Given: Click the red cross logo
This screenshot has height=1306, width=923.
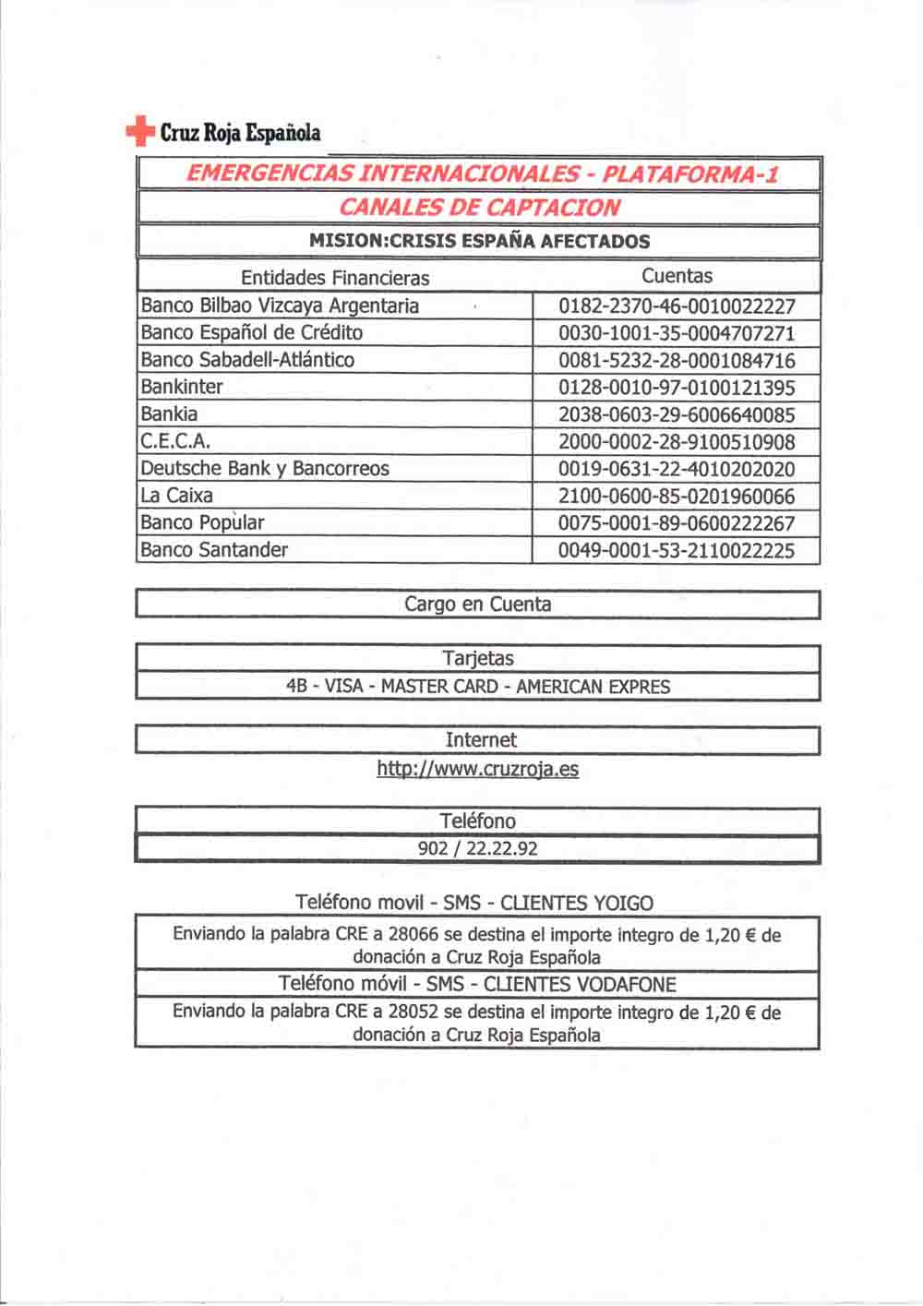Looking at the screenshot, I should [139, 132].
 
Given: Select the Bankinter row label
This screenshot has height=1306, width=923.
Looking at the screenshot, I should [182, 387].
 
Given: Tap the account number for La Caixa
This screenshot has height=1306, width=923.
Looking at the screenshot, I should [677, 497].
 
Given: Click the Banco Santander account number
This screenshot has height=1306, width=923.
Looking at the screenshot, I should [677, 551].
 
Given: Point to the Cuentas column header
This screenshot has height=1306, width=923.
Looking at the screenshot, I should [677, 276].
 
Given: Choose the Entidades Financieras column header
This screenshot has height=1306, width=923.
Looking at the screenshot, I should [335, 278].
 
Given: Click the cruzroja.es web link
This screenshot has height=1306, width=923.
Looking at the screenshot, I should [478, 769].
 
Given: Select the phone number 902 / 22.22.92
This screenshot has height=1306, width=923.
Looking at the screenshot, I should [478, 849].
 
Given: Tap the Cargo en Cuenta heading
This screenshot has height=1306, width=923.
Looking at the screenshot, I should [478, 605].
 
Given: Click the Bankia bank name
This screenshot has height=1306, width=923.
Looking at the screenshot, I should [169, 413].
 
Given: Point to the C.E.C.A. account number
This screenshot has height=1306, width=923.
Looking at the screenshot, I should [677, 442].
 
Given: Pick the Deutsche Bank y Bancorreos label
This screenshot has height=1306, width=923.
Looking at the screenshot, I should [265, 468].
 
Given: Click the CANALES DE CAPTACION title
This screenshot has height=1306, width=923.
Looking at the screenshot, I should [479, 208].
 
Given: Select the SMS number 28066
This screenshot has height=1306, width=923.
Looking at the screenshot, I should [414, 934].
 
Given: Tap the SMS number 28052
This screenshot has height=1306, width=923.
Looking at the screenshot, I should [414, 1012].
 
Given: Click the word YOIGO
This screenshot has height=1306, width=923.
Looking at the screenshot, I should [623, 904].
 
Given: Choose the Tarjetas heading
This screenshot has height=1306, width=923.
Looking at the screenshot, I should [478, 659].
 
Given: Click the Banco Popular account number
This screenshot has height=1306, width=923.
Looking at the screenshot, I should [677, 523].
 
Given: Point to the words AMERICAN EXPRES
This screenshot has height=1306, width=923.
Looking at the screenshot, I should [593, 687].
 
